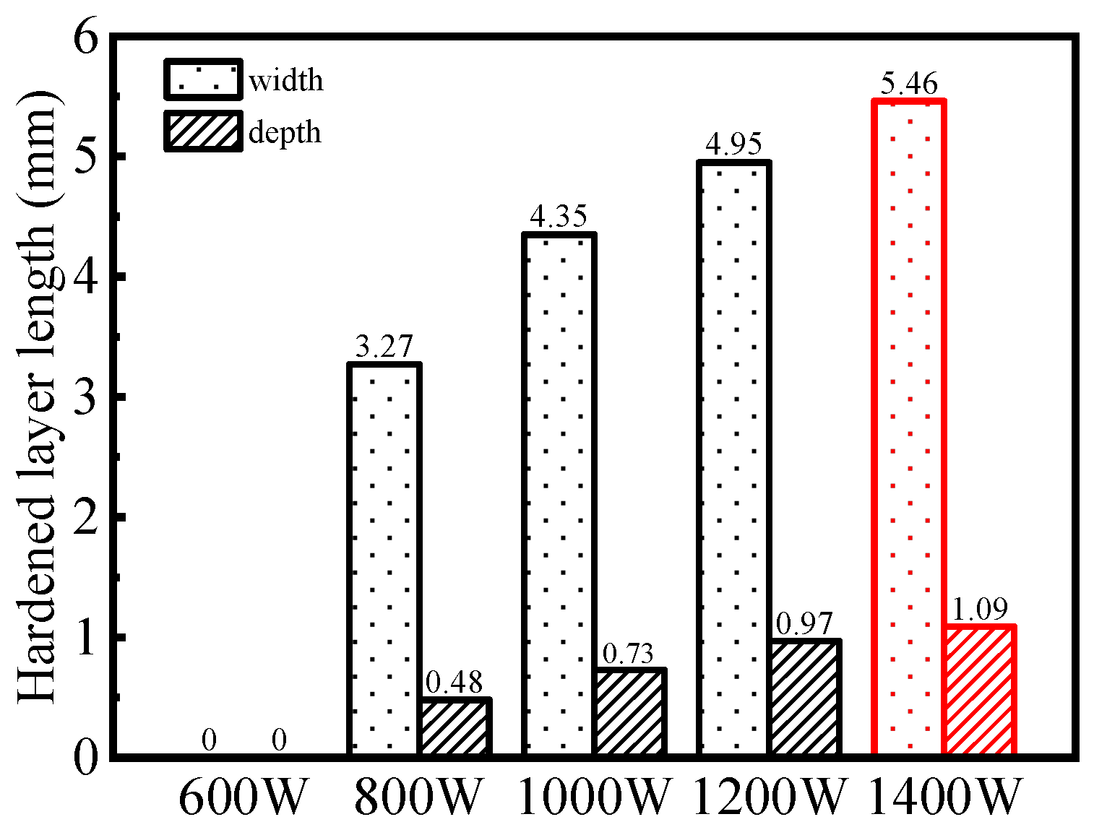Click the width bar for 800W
pos(384,560)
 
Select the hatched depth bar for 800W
pos(455,727)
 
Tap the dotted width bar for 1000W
pos(559,495)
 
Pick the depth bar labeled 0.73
pos(629,712)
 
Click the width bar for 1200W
pos(733,459)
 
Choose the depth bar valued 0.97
pos(804,698)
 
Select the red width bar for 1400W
pos(909,428)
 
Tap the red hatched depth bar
pos(980,691)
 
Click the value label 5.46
pos(909,85)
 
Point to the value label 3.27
pos(384,347)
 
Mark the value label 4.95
pos(733,144)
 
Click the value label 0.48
pos(455,682)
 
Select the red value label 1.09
pos(980,610)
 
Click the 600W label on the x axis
pos(243,797)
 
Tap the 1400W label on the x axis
pos(945,797)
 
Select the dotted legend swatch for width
pos(202,79)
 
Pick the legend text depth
pos(285,133)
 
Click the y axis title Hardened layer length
pos(36,397)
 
